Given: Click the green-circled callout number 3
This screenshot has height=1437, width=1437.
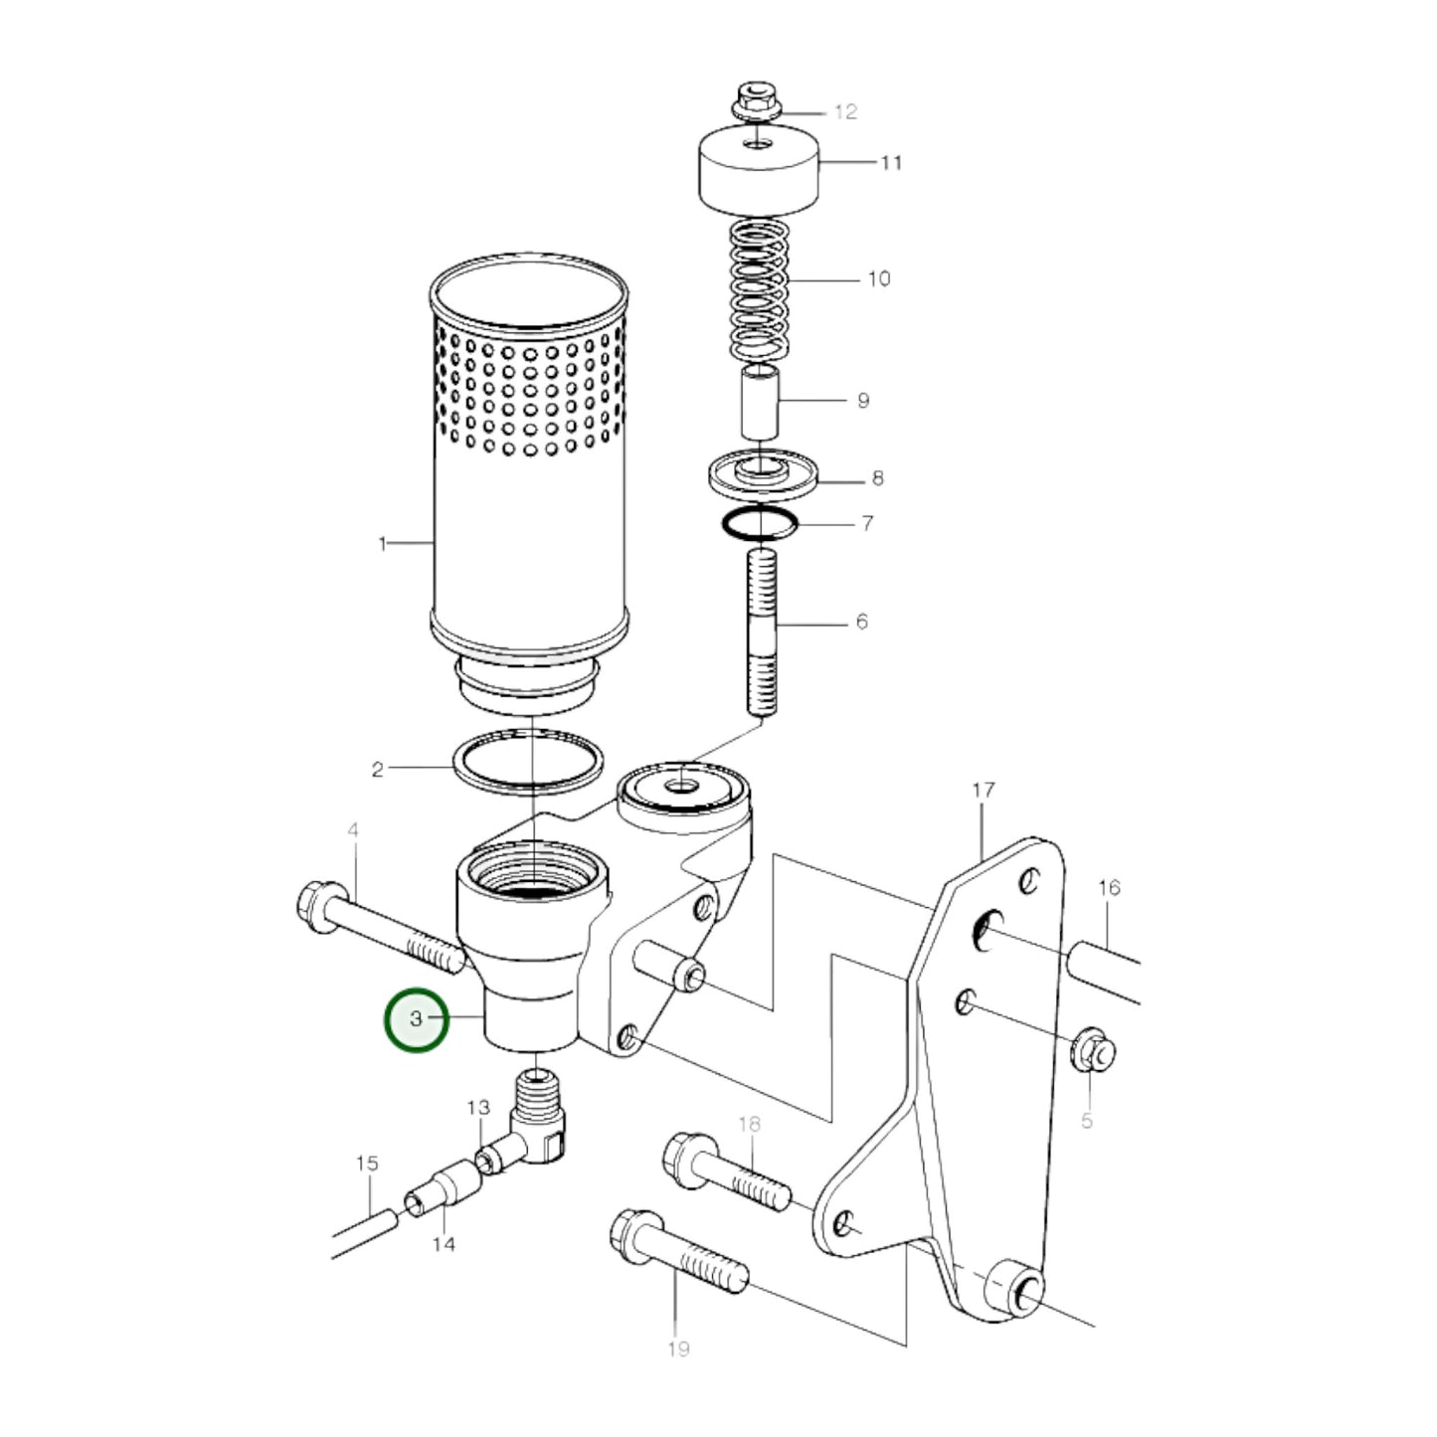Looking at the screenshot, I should click(x=417, y=1018).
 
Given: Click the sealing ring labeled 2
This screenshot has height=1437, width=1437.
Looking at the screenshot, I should click(x=528, y=762).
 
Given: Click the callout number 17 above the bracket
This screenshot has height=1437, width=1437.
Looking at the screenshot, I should click(x=983, y=791).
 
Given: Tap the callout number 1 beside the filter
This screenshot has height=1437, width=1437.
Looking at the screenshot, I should click(x=382, y=544).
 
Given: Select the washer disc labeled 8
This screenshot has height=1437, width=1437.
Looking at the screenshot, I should click(x=761, y=474).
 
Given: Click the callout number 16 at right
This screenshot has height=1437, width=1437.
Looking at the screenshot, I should click(x=1109, y=887).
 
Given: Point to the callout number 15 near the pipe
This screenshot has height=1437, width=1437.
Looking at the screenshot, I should click(x=367, y=1163).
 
